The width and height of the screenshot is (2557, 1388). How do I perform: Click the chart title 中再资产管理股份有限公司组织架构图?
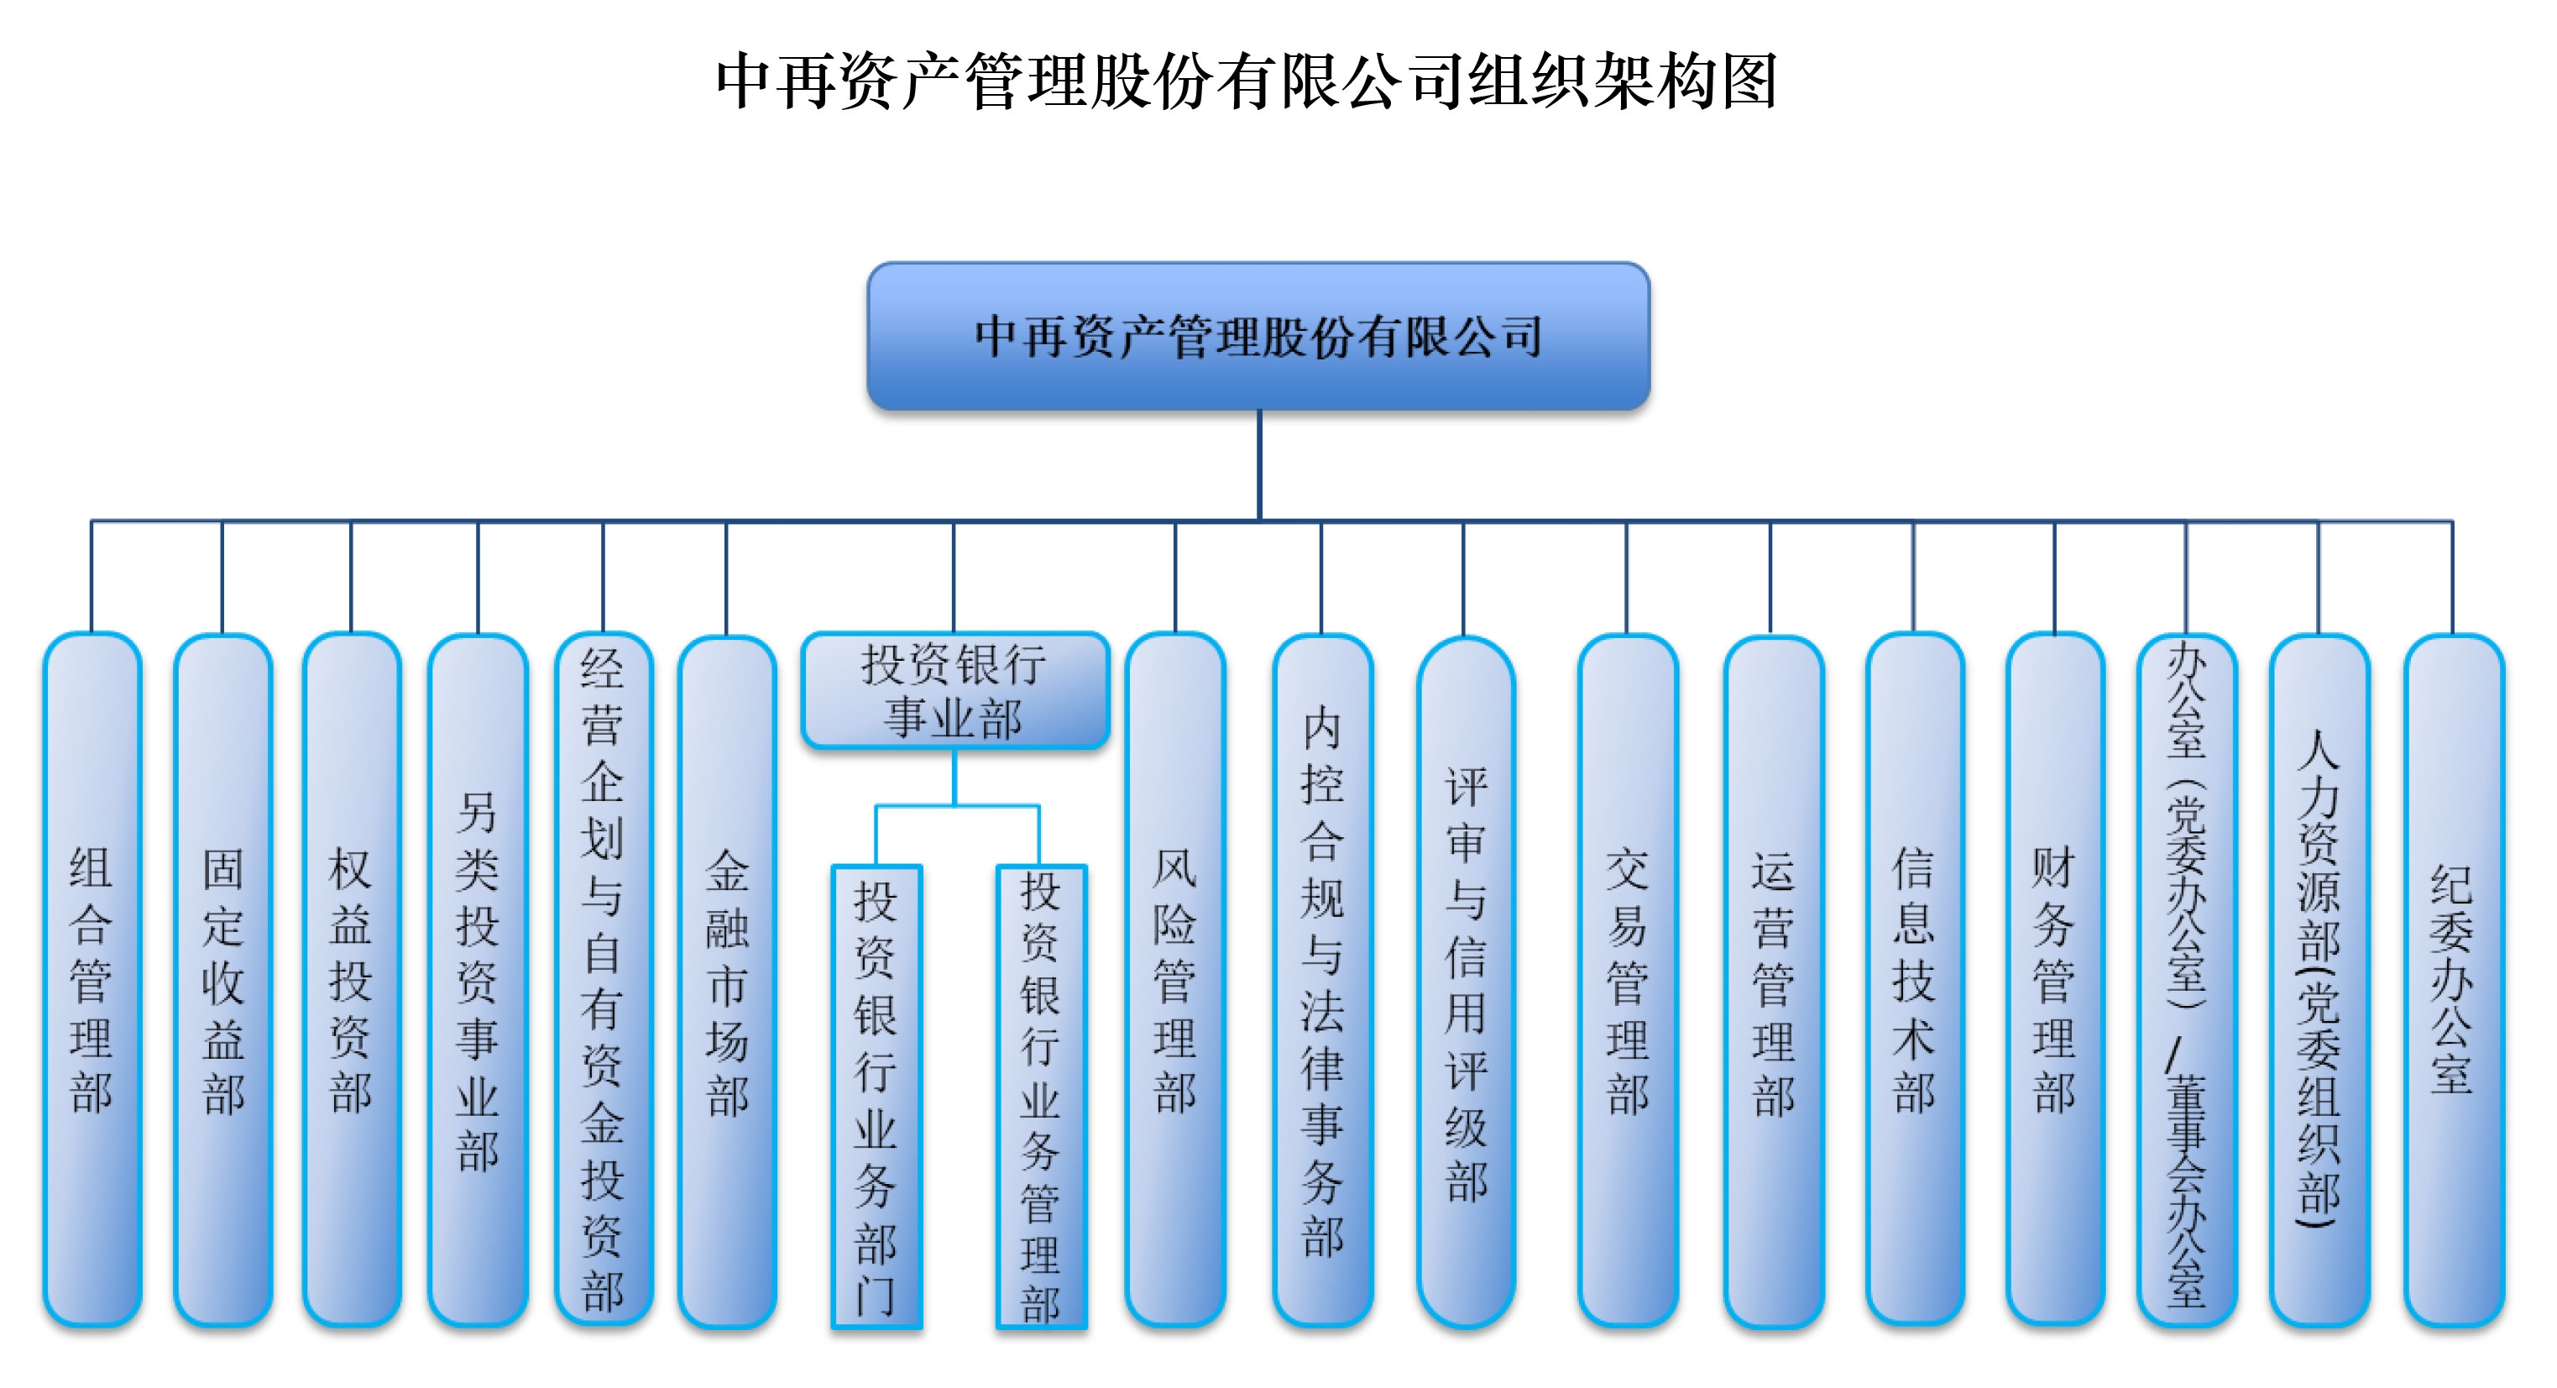(1246, 81)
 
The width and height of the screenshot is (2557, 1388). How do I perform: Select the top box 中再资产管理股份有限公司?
(1258, 336)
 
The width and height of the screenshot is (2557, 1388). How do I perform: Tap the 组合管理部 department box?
(92, 979)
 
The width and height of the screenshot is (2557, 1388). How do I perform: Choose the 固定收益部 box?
(222, 979)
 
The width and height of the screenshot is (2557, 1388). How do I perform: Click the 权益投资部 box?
(352, 979)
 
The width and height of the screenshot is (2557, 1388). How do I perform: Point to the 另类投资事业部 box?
(478, 979)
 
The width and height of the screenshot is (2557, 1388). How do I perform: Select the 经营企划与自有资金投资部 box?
(603, 979)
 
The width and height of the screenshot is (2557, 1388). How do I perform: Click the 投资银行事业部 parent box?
(954, 690)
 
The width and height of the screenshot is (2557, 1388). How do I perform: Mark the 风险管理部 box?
(1175, 979)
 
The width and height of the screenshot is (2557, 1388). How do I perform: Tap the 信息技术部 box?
(1914, 979)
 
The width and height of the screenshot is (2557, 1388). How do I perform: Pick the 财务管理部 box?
(2053, 979)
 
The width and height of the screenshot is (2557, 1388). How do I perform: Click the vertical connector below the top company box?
(1258, 464)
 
